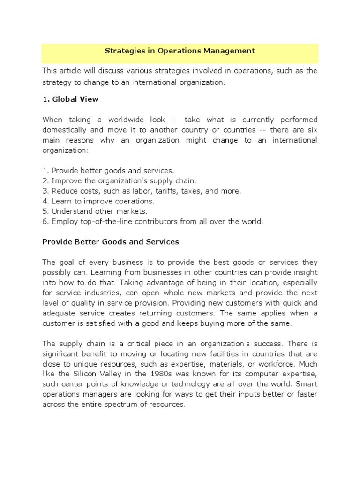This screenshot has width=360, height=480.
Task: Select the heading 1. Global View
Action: click(70, 99)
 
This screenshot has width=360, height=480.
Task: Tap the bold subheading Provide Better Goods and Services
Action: click(111, 242)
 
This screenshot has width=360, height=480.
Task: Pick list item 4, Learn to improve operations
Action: click(98, 201)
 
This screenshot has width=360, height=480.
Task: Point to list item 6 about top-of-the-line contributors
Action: click(152, 222)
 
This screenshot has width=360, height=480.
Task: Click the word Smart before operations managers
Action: click(306, 384)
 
